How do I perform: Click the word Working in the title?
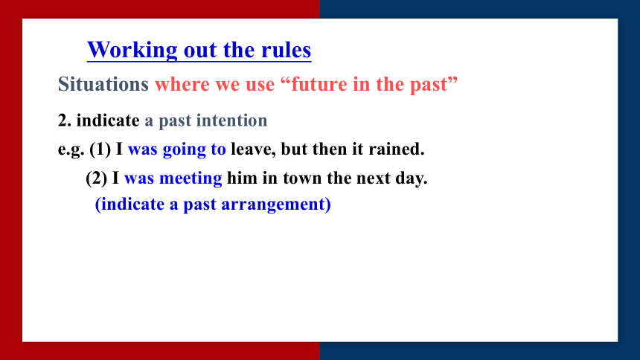tap(132, 51)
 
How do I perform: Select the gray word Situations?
tap(103, 85)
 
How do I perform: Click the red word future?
tap(319, 84)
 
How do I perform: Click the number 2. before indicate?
tap(65, 120)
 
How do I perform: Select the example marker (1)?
tap(100, 149)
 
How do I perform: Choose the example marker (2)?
tap(97, 178)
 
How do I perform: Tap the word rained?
tap(397, 149)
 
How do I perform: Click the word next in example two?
tap(373, 179)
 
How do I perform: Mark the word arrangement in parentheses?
tap(276, 205)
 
